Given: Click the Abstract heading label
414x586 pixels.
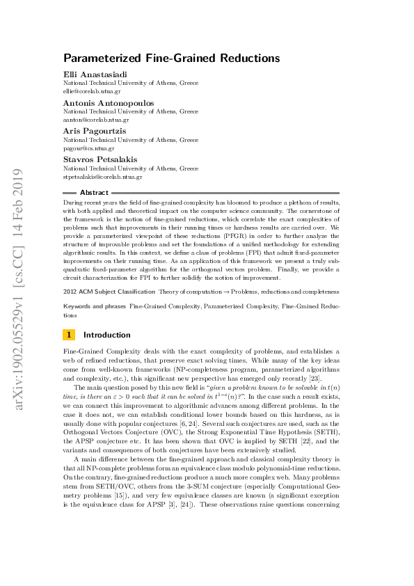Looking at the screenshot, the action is coord(94,193).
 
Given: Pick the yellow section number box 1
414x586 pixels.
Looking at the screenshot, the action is coord(68,335).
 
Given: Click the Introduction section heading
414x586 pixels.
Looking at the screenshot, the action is coord(106,335).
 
